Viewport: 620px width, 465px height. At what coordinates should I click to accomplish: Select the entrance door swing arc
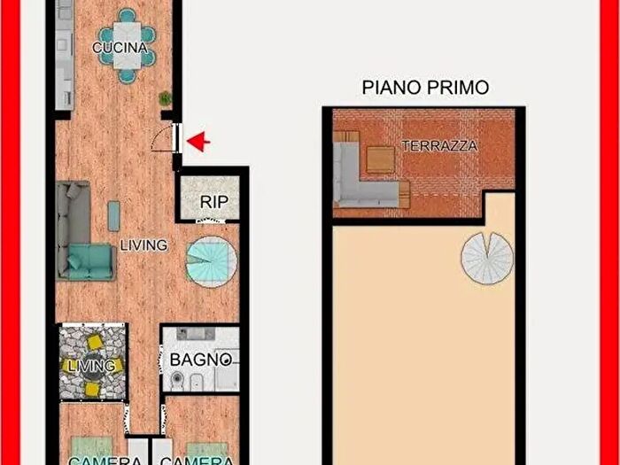pos(162,138)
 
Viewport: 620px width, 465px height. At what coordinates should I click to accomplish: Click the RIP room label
pos(213,202)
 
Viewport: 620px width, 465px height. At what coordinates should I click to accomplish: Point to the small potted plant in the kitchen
pos(164,98)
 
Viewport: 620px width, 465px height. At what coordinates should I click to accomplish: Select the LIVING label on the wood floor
pos(143,244)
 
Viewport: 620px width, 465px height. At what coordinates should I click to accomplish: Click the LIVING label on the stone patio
pos(91,365)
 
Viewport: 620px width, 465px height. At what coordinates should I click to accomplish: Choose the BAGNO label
pos(201,360)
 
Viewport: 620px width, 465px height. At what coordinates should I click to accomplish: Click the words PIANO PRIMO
pos(426,87)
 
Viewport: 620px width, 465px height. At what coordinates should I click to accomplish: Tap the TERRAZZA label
pos(440,146)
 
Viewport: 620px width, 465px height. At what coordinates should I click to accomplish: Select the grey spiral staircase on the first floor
pos(487,258)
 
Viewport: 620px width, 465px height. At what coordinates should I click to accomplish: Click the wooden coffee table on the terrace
pos(380,160)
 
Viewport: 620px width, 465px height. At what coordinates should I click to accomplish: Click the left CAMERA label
pos(93,460)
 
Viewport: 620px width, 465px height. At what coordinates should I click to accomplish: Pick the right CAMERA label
pos(197,460)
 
